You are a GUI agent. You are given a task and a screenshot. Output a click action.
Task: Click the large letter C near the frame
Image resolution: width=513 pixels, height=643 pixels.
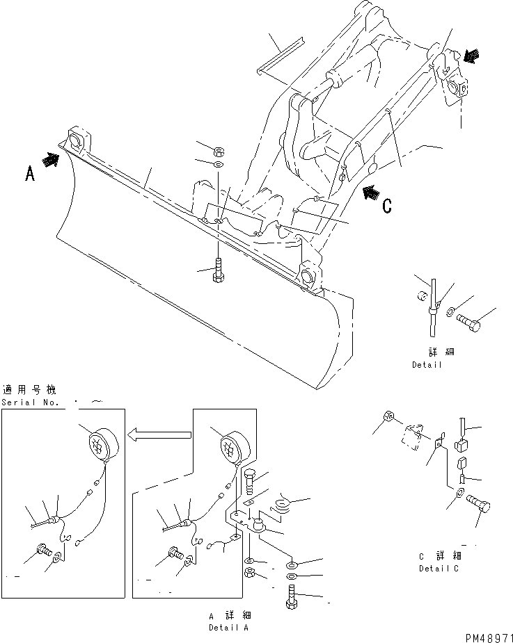tap(387, 205)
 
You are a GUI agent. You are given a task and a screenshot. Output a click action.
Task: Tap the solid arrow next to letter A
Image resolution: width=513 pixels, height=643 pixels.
tap(52, 159)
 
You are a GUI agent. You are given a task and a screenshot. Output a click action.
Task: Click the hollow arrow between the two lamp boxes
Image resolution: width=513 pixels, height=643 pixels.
tap(159, 435)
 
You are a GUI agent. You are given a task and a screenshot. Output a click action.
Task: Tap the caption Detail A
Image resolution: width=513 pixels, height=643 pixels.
tap(229, 628)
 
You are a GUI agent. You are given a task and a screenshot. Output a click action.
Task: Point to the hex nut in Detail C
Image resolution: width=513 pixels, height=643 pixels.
tap(389, 418)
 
